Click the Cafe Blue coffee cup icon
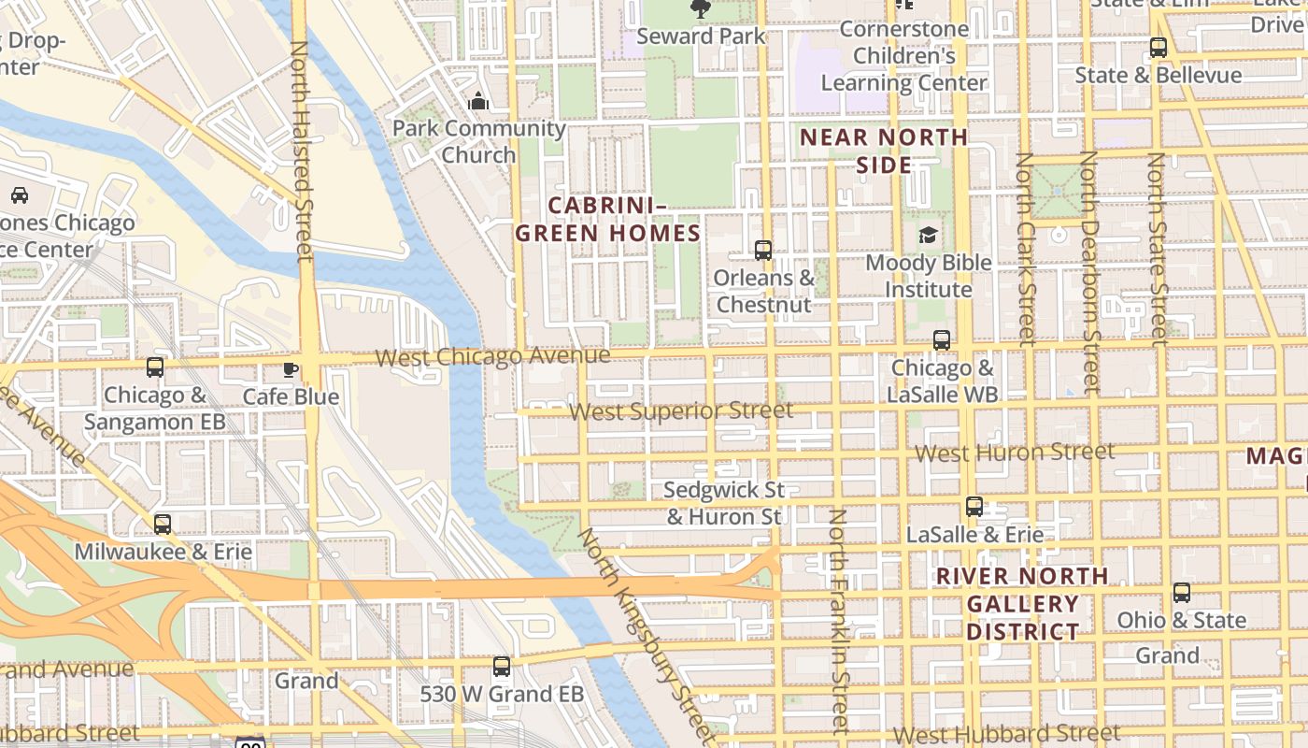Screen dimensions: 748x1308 tap(291, 369)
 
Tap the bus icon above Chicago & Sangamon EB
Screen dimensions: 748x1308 tap(155, 367)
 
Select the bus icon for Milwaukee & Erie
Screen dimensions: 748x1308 tap(163, 525)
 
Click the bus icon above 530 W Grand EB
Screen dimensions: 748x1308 tap(502, 667)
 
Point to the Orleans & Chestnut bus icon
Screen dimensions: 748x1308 tap(763, 251)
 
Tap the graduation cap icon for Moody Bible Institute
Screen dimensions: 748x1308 tap(928, 235)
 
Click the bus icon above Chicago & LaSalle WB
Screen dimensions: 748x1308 tap(941, 340)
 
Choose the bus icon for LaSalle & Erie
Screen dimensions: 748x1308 tap(974, 507)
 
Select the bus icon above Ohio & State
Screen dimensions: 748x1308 tap(1182, 593)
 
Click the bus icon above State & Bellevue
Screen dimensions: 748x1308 tap(1159, 48)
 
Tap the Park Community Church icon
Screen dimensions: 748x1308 tap(478, 101)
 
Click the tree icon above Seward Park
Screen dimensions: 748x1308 tap(700, 9)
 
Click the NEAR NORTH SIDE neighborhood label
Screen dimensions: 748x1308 tap(884, 151)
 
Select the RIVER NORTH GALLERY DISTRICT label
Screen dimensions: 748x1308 tap(1022, 604)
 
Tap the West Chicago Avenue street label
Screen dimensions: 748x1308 tap(492, 356)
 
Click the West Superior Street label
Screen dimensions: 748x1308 tap(681, 411)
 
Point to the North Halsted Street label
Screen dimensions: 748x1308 tap(300, 150)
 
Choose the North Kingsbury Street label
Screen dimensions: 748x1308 tap(647, 632)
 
